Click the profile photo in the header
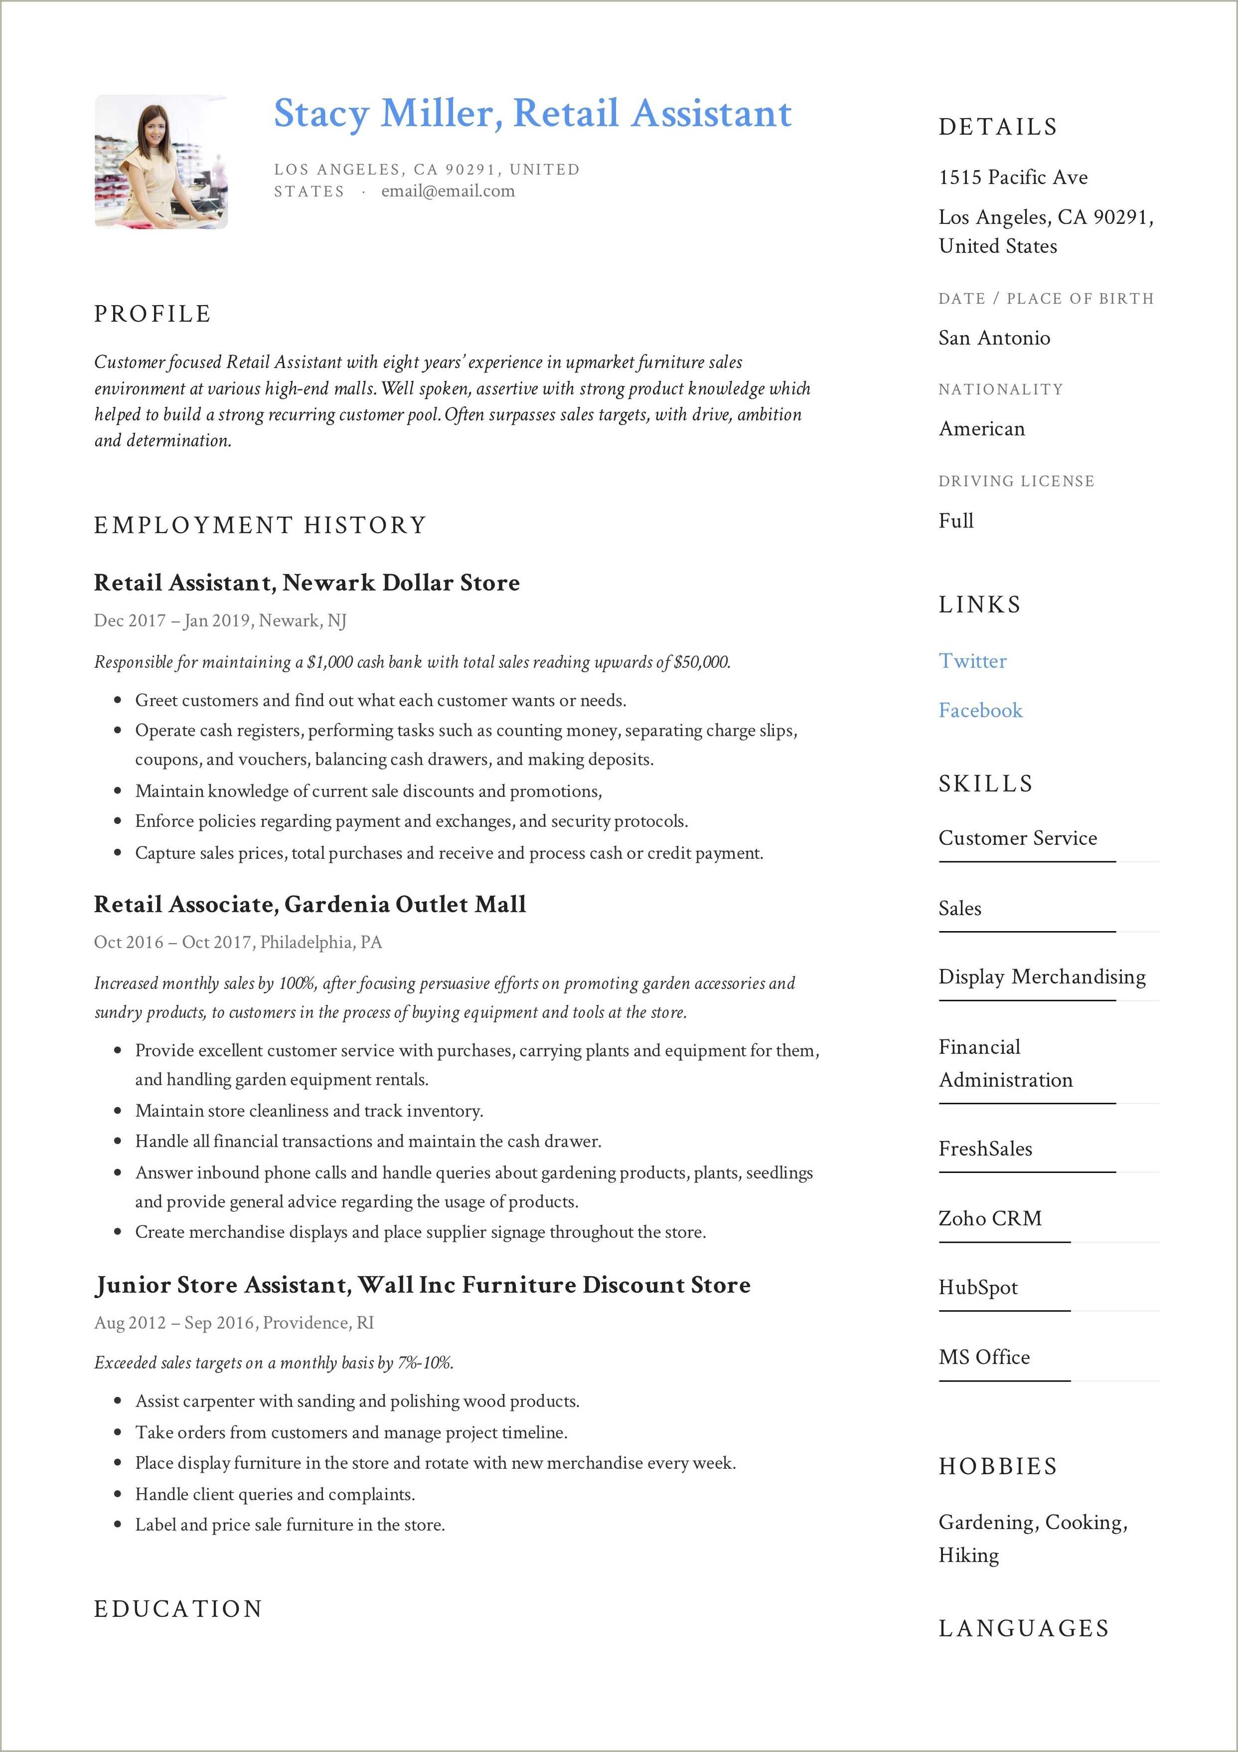pos(161,161)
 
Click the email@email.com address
pos(448,192)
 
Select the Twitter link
pos(972,661)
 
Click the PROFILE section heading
pos(153,314)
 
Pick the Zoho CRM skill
pos(989,1218)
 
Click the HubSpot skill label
pos(977,1287)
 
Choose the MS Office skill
pos(983,1357)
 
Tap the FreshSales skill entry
pos(985,1149)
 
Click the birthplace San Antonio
pos(994,338)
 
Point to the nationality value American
pos(982,429)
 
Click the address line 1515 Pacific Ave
pos(1013,177)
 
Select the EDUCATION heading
pos(178,1608)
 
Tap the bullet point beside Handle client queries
pos(118,1494)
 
